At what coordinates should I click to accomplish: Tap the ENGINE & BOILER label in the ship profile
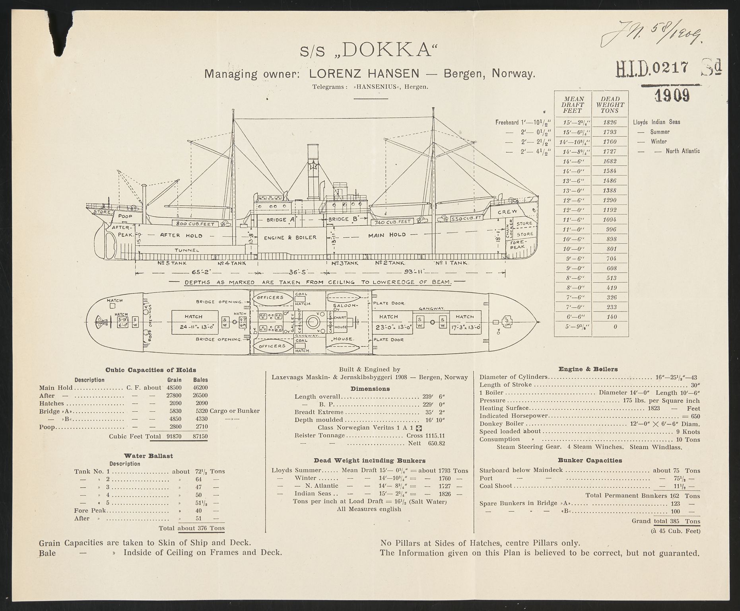290,237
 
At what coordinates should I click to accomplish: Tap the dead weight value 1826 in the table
610,122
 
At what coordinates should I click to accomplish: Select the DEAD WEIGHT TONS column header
610,105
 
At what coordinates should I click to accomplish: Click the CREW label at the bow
508,212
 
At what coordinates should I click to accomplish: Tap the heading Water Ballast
148,455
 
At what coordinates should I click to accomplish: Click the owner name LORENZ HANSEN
364,74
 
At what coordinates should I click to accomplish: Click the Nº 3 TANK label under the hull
345,263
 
